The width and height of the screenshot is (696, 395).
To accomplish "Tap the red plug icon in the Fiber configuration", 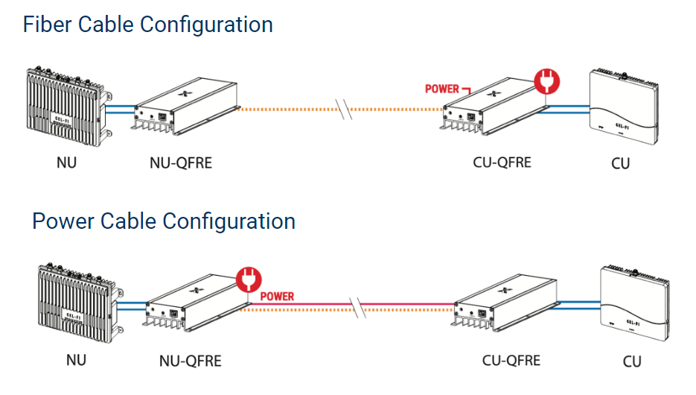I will click(546, 80).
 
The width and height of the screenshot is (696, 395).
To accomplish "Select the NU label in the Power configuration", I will click(76, 360).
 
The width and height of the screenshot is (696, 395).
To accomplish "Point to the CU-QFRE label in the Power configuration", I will click(511, 361).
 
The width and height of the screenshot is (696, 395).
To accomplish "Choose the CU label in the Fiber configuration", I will click(620, 162).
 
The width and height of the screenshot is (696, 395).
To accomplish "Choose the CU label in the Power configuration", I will click(631, 361).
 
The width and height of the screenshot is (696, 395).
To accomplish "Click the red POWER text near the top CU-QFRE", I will click(442, 89).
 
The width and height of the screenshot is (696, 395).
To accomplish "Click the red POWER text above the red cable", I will click(277, 296).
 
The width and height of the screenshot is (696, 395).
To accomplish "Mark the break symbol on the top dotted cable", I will click(342, 109).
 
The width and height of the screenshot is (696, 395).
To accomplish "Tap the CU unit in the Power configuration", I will click(633, 306).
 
